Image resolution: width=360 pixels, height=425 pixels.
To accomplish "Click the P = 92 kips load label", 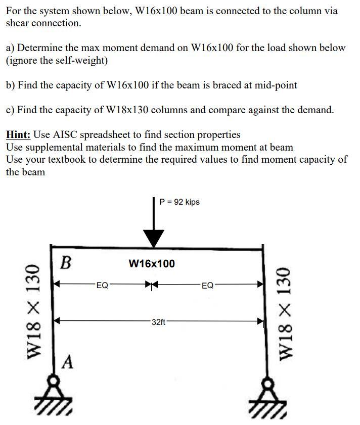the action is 179,202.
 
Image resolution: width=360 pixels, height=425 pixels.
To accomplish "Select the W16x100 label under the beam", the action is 152,263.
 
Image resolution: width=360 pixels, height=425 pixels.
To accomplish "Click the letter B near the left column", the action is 65,263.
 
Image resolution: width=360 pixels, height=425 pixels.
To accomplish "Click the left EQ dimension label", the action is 102,285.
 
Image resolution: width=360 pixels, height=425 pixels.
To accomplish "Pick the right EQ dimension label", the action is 207,285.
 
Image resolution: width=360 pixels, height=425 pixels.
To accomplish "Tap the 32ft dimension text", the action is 158,321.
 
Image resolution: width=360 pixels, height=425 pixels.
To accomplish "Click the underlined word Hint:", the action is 18,135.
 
